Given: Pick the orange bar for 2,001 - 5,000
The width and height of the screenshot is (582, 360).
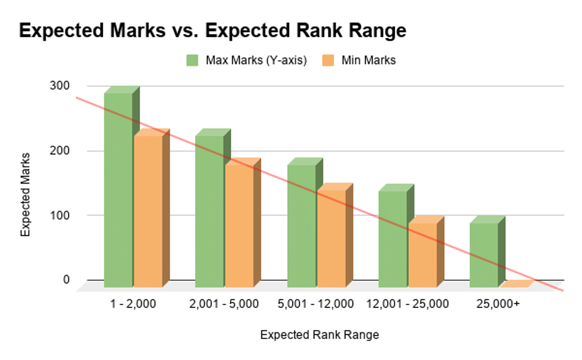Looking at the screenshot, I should click(x=239, y=226).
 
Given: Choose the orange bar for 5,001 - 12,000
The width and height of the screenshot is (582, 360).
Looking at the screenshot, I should click(x=331, y=238).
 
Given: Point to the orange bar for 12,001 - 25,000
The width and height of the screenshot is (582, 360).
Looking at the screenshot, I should click(x=422, y=255).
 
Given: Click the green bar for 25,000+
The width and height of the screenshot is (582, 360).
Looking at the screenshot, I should click(x=484, y=255).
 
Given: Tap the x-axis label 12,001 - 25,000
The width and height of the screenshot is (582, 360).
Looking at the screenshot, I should click(x=407, y=304).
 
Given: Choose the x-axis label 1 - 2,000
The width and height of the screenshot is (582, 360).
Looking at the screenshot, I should click(x=133, y=304).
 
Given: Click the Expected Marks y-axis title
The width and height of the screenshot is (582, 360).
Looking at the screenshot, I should click(x=26, y=194).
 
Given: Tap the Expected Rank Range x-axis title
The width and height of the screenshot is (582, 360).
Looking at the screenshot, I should click(x=319, y=335).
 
